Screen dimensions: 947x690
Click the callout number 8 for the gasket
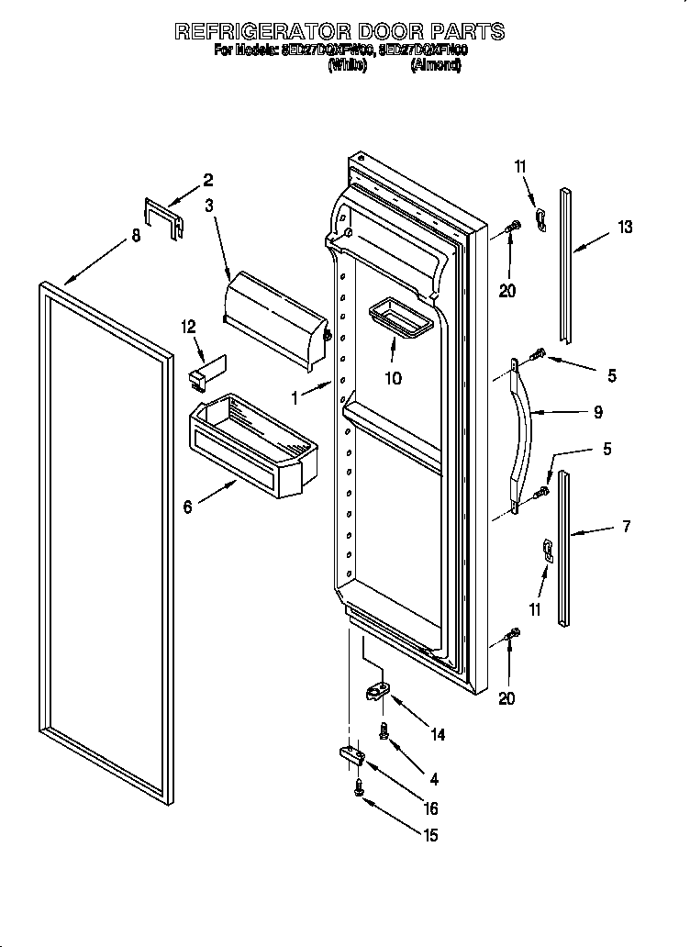[x=136, y=236]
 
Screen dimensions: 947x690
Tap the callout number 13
[x=625, y=228]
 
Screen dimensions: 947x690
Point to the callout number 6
[x=188, y=507]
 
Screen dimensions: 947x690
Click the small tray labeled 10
[x=400, y=319]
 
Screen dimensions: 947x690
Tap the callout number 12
[x=189, y=326]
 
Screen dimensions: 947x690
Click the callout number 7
[x=627, y=526]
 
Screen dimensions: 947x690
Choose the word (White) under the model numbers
[x=347, y=66]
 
